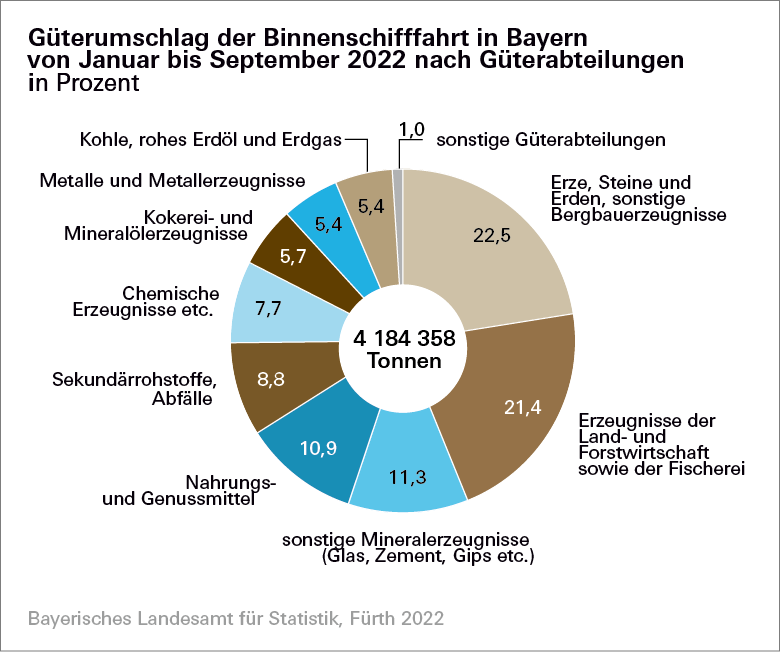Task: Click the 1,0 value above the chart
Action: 412,128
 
